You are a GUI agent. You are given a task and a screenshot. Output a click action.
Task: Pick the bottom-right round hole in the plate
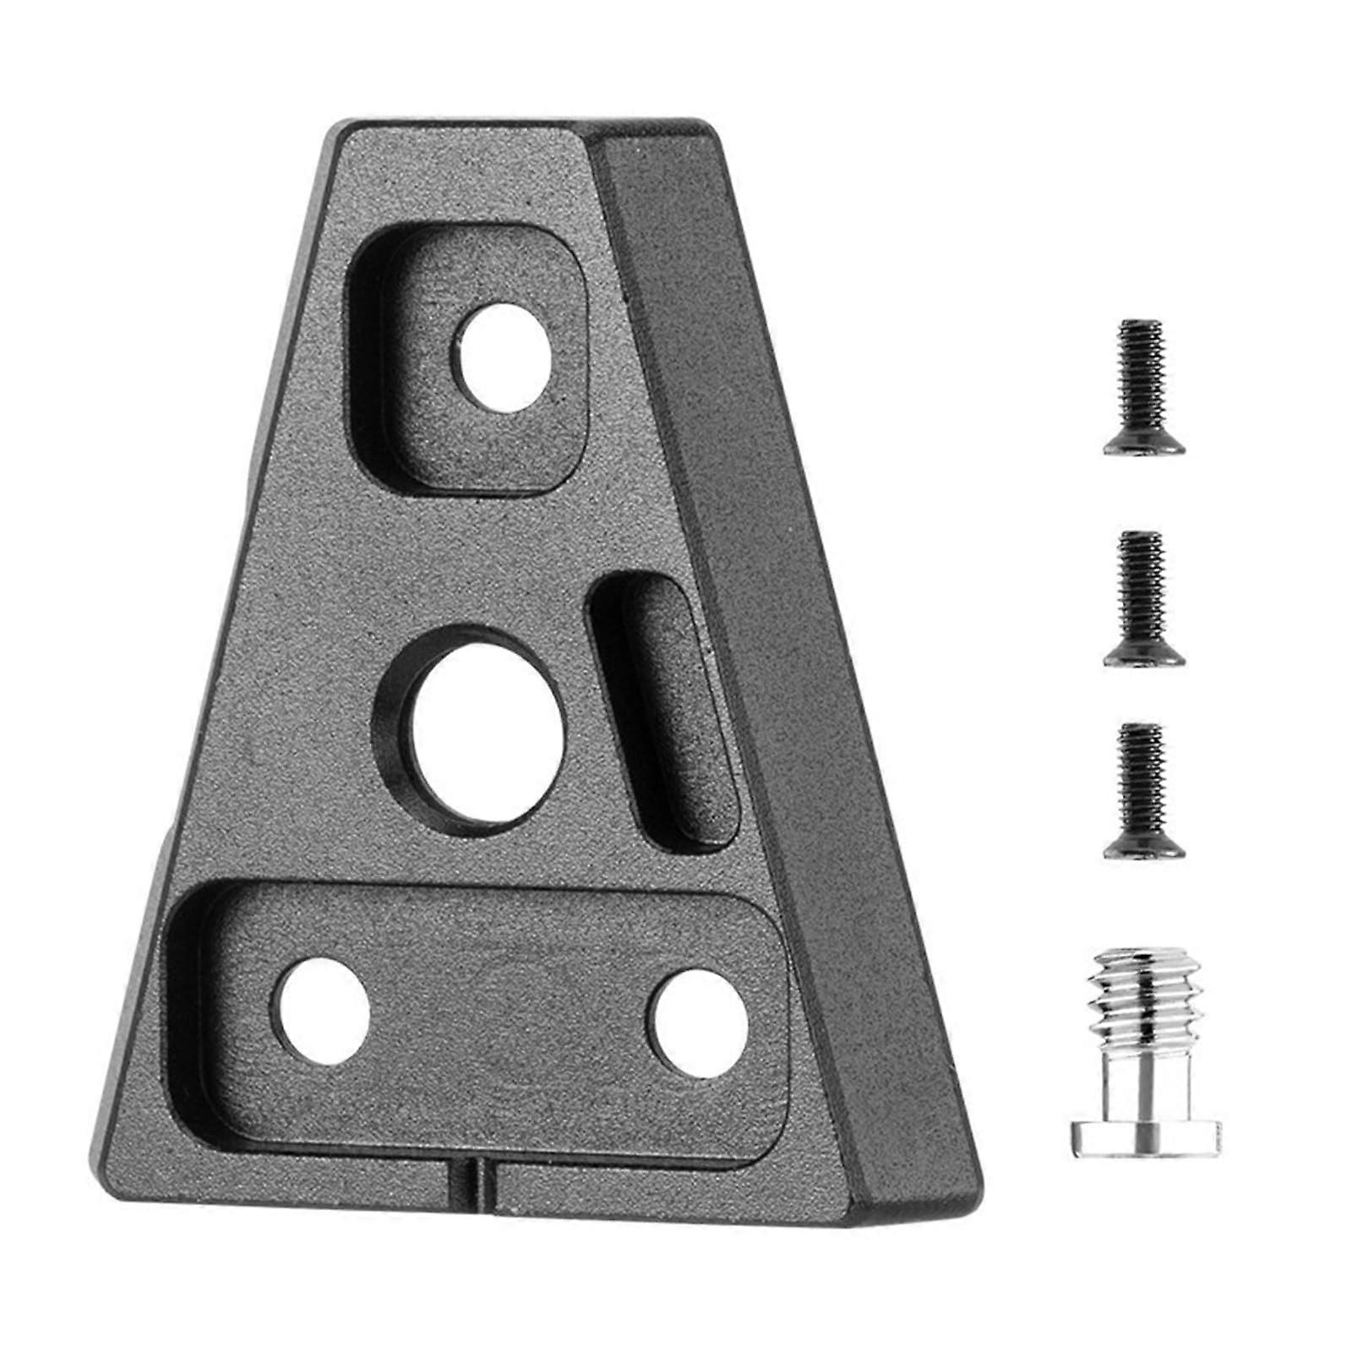click(696, 1022)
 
